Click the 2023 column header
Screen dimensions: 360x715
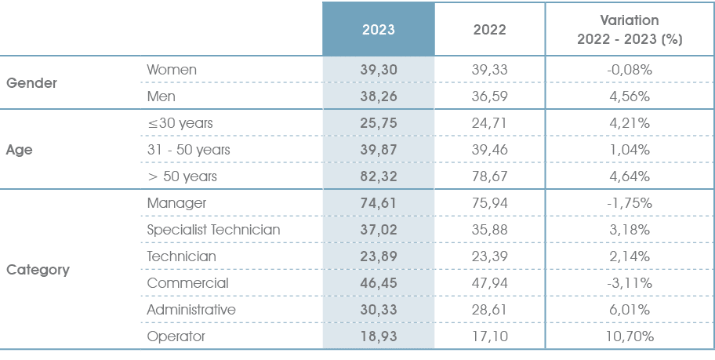pyautogui.click(x=378, y=30)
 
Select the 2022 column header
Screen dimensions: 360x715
pyautogui.click(x=490, y=30)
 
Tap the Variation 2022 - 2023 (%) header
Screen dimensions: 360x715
pyautogui.click(x=630, y=30)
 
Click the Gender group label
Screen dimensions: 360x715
pyautogui.click(x=32, y=83)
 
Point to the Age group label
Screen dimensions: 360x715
pyautogui.click(x=19, y=150)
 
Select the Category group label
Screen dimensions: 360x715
pyautogui.click(x=38, y=270)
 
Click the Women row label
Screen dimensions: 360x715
pyautogui.click(x=172, y=70)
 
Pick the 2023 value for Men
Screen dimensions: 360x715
pyautogui.click(x=378, y=96)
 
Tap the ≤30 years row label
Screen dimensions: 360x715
pyautogui.click(x=180, y=123)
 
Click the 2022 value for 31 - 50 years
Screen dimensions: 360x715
pyautogui.click(x=490, y=150)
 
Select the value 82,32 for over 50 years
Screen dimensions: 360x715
pyautogui.click(x=378, y=176)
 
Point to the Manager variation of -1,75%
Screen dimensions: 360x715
pyautogui.click(x=630, y=203)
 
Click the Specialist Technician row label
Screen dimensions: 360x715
pyautogui.click(x=213, y=230)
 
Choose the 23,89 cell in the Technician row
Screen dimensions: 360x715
pyautogui.click(x=378, y=256)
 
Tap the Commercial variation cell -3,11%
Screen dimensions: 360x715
pyautogui.click(x=630, y=283)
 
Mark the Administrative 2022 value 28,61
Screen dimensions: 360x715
pyautogui.click(x=490, y=310)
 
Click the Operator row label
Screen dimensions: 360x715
pyautogui.click(x=176, y=336)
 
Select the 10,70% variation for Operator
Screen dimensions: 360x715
pyautogui.click(x=630, y=336)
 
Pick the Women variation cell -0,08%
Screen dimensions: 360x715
pyautogui.click(x=630, y=70)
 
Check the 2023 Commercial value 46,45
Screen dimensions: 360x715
pyautogui.click(x=378, y=283)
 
